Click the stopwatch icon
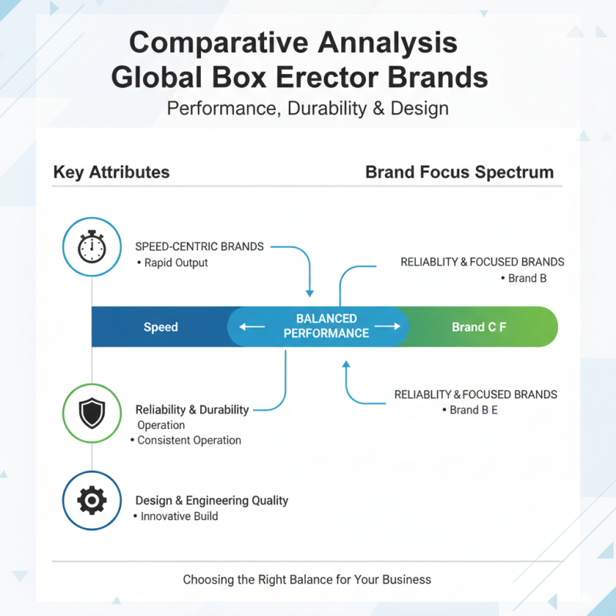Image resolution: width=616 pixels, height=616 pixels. click(x=92, y=247)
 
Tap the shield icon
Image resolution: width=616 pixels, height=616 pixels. click(x=92, y=414)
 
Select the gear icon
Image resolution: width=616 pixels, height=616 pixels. click(x=92, y=500)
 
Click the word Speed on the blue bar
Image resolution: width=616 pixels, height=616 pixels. click(x=160, y=327)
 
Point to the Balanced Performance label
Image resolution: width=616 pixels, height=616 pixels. click(x=326, y=326)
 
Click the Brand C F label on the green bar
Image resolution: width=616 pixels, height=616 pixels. click(x=478, y=327)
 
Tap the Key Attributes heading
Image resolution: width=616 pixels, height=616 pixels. click(x=112, y=172)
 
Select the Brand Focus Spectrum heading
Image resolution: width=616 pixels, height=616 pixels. click(x=459, y=172)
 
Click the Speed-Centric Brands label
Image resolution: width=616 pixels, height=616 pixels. click(x=199, y=246)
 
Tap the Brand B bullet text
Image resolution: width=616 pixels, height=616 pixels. click(x=527, y=278)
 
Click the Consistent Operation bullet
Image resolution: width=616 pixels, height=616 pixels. click(x=189, y=440)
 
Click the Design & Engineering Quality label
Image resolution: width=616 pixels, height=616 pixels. click(x=212, y=500)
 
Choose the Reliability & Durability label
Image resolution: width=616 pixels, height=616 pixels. click(x=192, y=410)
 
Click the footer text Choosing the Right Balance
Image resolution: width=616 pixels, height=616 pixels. click(x=306, y=579)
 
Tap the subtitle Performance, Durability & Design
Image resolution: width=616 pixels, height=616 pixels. click(x=307, y=108)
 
